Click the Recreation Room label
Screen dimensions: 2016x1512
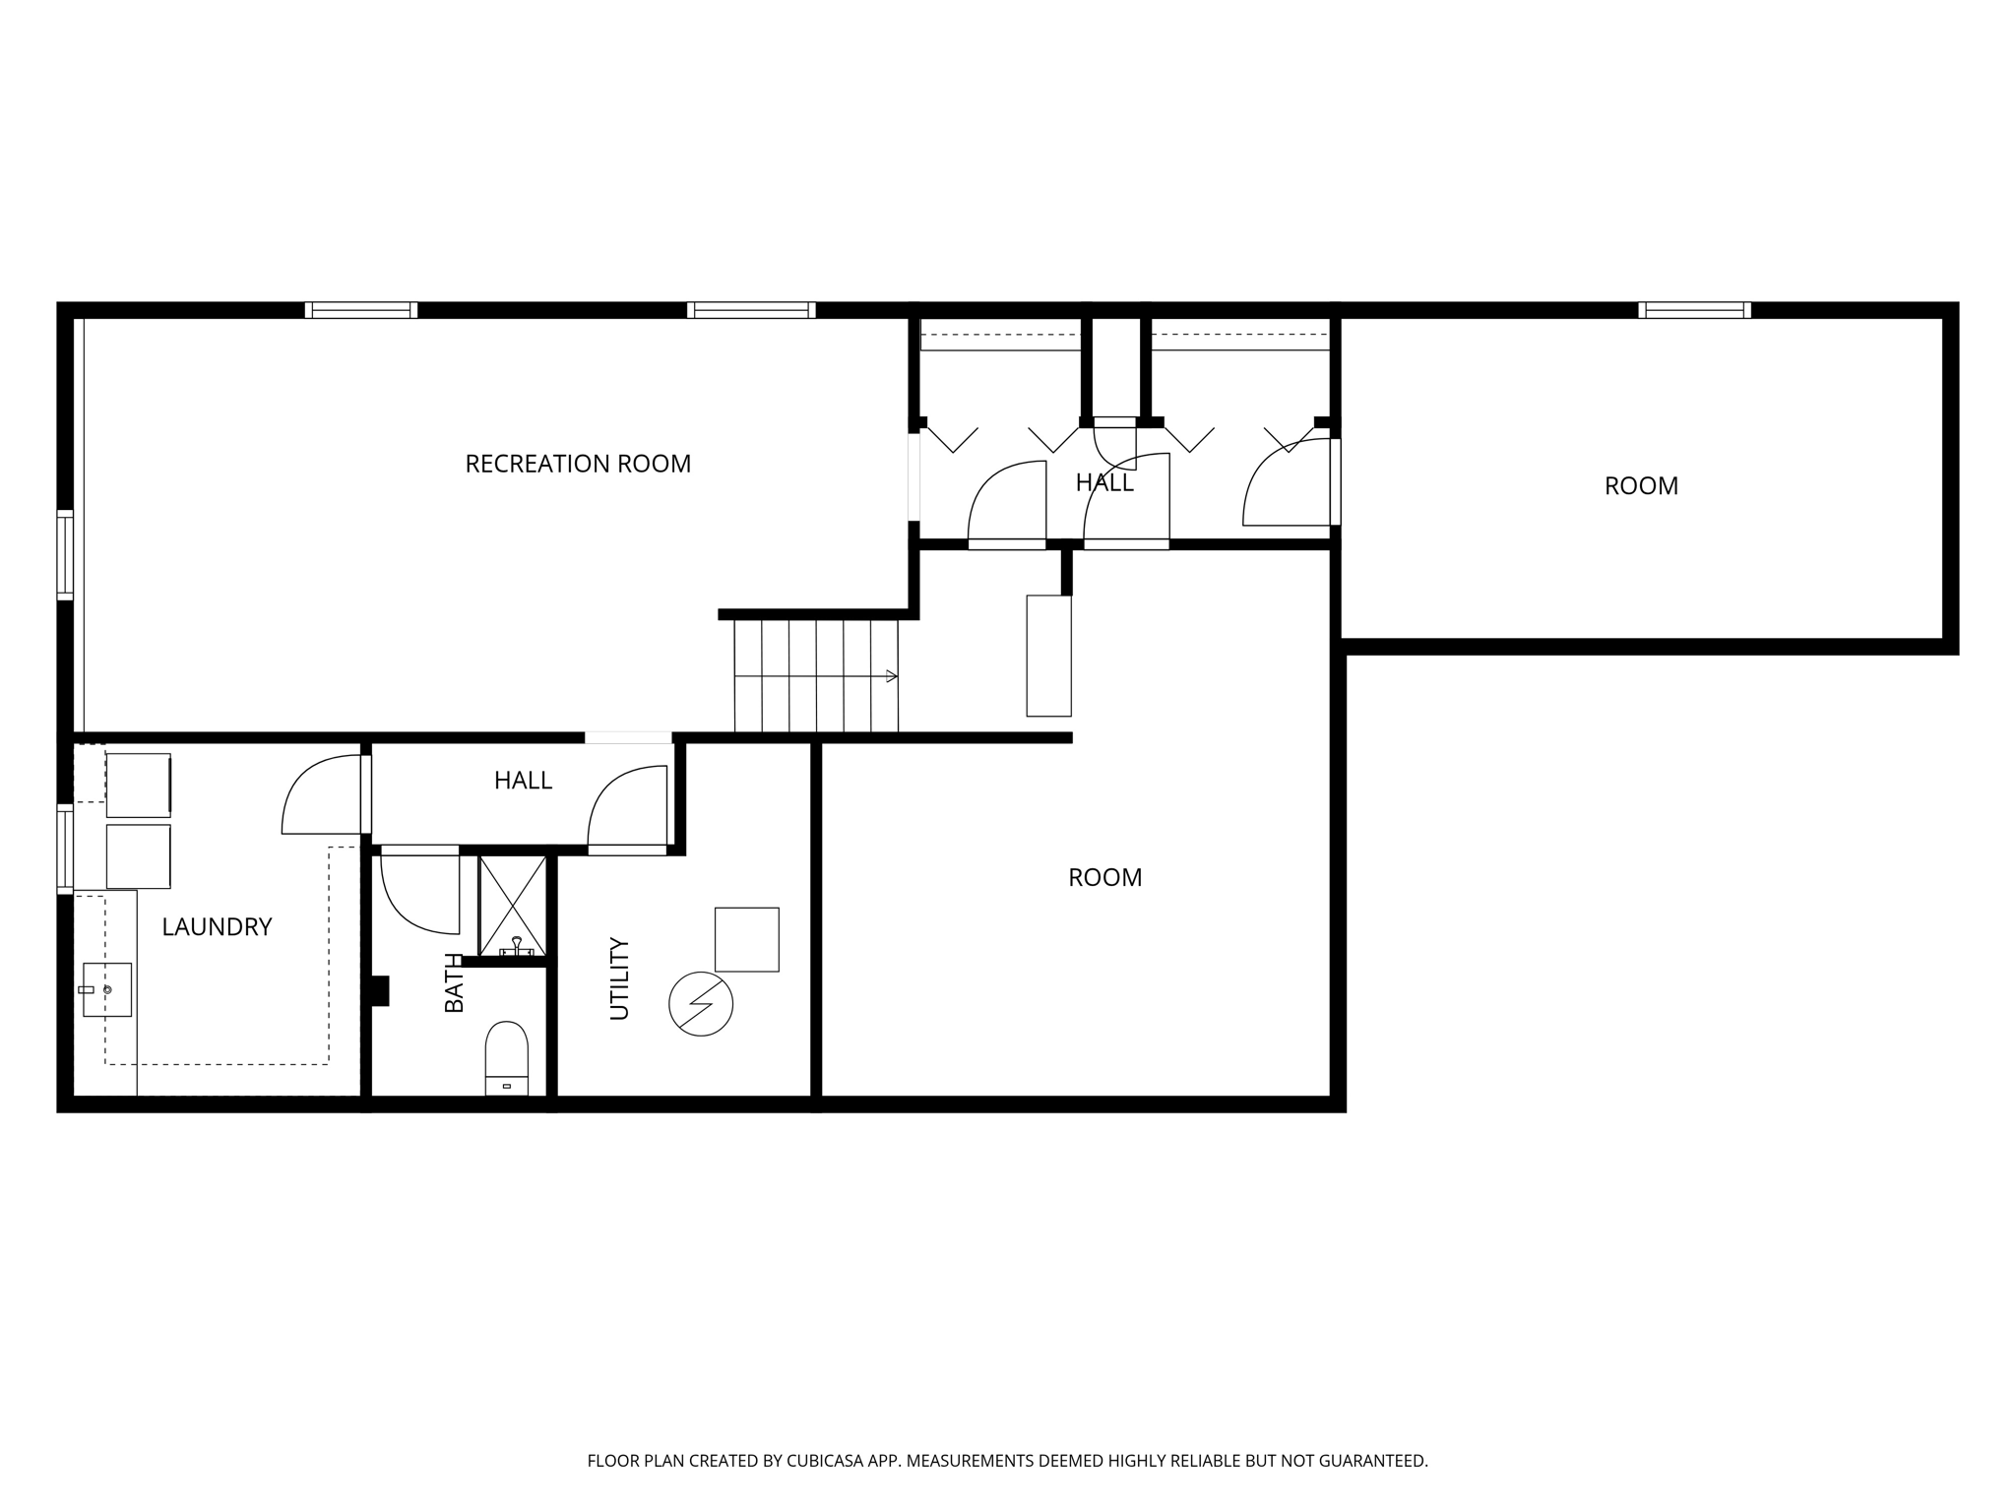[578, 464]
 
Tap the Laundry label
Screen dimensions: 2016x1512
[217, 926]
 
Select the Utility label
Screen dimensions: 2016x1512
[619, 978]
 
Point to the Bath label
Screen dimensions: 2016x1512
[454, 982]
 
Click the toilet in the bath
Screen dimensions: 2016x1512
[507, 1058]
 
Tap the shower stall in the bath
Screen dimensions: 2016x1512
[512, 906]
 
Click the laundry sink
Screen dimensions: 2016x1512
[106, 989]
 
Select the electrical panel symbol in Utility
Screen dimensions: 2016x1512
[701, 1005]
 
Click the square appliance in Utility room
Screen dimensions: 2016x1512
[747, 939]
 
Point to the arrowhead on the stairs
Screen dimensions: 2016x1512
[892, 676]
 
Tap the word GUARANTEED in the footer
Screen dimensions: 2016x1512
[1372, 1461]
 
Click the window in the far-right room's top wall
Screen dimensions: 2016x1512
[1695, 310]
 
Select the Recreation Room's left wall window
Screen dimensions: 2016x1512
[65, 555]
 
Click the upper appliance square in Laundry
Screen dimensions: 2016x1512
[139, 785]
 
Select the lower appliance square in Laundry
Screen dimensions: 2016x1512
[139, 856]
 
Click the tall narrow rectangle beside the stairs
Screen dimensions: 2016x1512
[1048, 656]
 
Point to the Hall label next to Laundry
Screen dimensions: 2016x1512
[523, 781]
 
